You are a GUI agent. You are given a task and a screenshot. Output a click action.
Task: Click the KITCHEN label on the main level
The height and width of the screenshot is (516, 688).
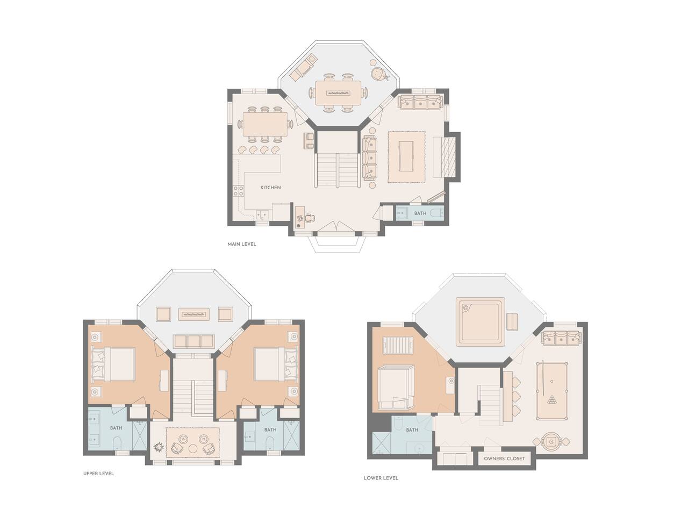(270, 188)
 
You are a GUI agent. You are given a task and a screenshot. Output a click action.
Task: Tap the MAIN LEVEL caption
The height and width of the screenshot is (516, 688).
(242, 244)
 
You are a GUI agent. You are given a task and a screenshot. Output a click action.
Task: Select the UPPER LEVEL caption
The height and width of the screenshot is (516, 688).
(98, 474)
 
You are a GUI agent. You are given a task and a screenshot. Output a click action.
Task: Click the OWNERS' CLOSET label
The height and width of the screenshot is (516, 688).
(504, 458)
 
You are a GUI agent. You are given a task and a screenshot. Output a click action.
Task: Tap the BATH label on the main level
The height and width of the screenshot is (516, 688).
(420, 213)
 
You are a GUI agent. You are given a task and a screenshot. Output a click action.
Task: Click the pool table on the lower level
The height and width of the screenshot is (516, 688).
(551, 391)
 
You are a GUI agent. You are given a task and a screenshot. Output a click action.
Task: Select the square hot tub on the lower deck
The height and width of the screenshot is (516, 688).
(480, 321)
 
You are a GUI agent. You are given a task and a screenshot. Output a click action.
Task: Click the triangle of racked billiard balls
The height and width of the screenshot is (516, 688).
(551, 400)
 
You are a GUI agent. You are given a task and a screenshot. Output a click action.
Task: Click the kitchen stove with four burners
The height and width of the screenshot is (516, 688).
(239, 191)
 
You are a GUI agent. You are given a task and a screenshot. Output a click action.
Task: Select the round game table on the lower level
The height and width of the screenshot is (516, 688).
(551, 442)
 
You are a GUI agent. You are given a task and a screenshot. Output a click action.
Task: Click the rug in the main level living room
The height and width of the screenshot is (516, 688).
(406, 157)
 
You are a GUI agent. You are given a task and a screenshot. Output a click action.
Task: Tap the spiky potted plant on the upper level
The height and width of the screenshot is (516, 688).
(159, 447)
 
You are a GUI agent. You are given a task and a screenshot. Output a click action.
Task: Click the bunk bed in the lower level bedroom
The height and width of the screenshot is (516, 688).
(396, 388)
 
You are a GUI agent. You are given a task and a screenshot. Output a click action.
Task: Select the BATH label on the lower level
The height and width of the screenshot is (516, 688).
(412, 430)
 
